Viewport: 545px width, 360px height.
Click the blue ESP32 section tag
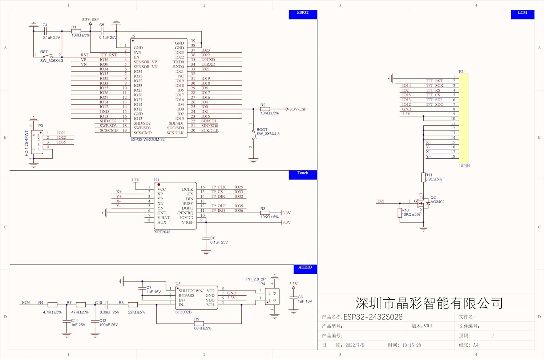(x=303, y=15)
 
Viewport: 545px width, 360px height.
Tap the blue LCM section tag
(x=522, y=15)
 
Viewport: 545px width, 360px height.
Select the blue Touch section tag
(x=303, y=175)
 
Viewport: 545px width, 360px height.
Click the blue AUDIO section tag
(x=305, y=269)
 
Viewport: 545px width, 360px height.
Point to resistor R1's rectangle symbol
(x=76, y=31)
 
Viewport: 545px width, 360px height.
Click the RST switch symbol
(x=48, y=56)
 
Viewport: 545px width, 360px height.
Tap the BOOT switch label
(x=262, y=130)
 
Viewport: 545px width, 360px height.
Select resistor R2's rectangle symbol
(x=265, y=109)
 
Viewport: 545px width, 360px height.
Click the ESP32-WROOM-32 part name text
(x=148, y=139)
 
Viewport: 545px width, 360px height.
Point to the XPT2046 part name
(x=162, y=232)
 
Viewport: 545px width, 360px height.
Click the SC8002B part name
(x=183, y=312)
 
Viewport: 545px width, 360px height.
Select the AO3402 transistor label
(x=437, y=202)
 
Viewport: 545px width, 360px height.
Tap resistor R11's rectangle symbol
(x=423, y=177)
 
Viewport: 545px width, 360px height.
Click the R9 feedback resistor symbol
(x=199, y=324)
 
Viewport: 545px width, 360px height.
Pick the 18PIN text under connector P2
(x=464, y=166)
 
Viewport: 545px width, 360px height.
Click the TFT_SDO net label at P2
(x=435, y=105)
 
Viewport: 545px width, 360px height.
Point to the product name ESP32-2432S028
(x=373, y=317)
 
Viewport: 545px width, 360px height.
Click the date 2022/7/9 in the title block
(x=355, y=345)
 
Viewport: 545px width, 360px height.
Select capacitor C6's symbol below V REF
(x=206, y=239)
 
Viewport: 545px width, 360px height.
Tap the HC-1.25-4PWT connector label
(x=27, y=143)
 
